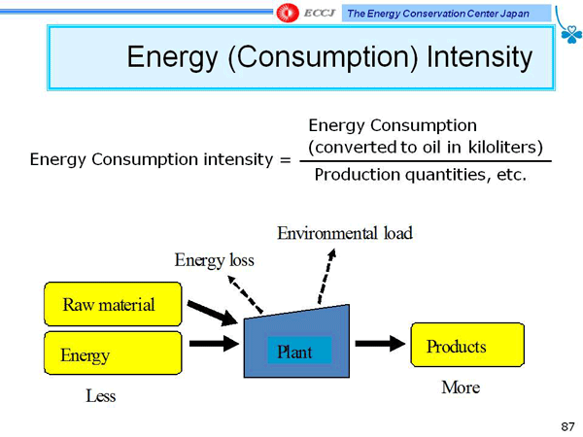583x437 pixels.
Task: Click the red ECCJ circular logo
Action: click(287, 13)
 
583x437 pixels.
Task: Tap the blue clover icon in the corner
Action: click(571, 34)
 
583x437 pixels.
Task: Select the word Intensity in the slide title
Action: click(480, 57)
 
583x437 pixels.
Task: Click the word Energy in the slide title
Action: click(172, 57)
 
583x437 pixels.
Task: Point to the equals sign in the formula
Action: click(285, 160)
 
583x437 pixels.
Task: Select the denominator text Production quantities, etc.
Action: click(421, 175)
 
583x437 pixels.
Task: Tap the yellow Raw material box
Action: click(113, 304)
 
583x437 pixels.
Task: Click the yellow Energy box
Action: click(113, 353)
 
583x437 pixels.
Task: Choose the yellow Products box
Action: click(467, 345)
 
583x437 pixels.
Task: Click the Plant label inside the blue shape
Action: click(294, 352)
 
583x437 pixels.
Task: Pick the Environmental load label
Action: click(345, 233)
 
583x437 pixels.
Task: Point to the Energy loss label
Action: click(215, 260)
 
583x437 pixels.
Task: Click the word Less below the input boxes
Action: click(101, 396)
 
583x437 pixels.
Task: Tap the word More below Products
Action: click(461, 387)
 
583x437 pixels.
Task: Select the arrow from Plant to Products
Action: click(380, 343)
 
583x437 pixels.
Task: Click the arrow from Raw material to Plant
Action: click(212, 313)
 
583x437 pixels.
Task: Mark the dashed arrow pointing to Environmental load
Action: click(326, 277)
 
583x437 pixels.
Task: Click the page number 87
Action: click(567, 426)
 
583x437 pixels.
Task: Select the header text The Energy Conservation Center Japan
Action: click(438, 14)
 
